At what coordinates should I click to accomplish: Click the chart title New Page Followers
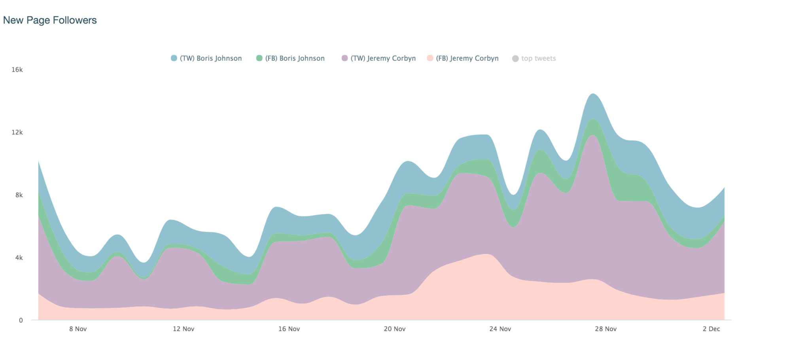(50, 20)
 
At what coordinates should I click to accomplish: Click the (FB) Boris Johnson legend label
(302, 59)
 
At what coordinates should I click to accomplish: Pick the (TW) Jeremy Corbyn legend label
(383, 59)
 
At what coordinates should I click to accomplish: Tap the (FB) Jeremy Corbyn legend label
(467, 59)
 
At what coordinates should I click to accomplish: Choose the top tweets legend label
(538, 59)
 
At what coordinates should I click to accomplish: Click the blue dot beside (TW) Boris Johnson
(174, 59)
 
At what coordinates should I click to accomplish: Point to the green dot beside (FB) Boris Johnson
(259, 59)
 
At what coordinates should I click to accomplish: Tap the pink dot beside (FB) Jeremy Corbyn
(430, 59)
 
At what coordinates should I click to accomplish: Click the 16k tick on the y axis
(17, 70)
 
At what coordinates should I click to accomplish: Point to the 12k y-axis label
(17, 133)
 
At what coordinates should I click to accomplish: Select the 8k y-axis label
(19, 195)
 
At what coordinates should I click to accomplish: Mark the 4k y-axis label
(19, 258)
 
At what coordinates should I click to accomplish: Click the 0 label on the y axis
(21, 320)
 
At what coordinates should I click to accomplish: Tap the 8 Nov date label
(78, 329)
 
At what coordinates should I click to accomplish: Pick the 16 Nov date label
(289, 329)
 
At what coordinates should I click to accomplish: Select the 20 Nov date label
(395, 329)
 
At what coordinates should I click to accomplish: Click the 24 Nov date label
(500, 329)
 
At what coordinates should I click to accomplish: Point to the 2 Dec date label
(711, 329)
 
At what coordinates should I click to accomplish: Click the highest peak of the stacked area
(593, 94)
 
